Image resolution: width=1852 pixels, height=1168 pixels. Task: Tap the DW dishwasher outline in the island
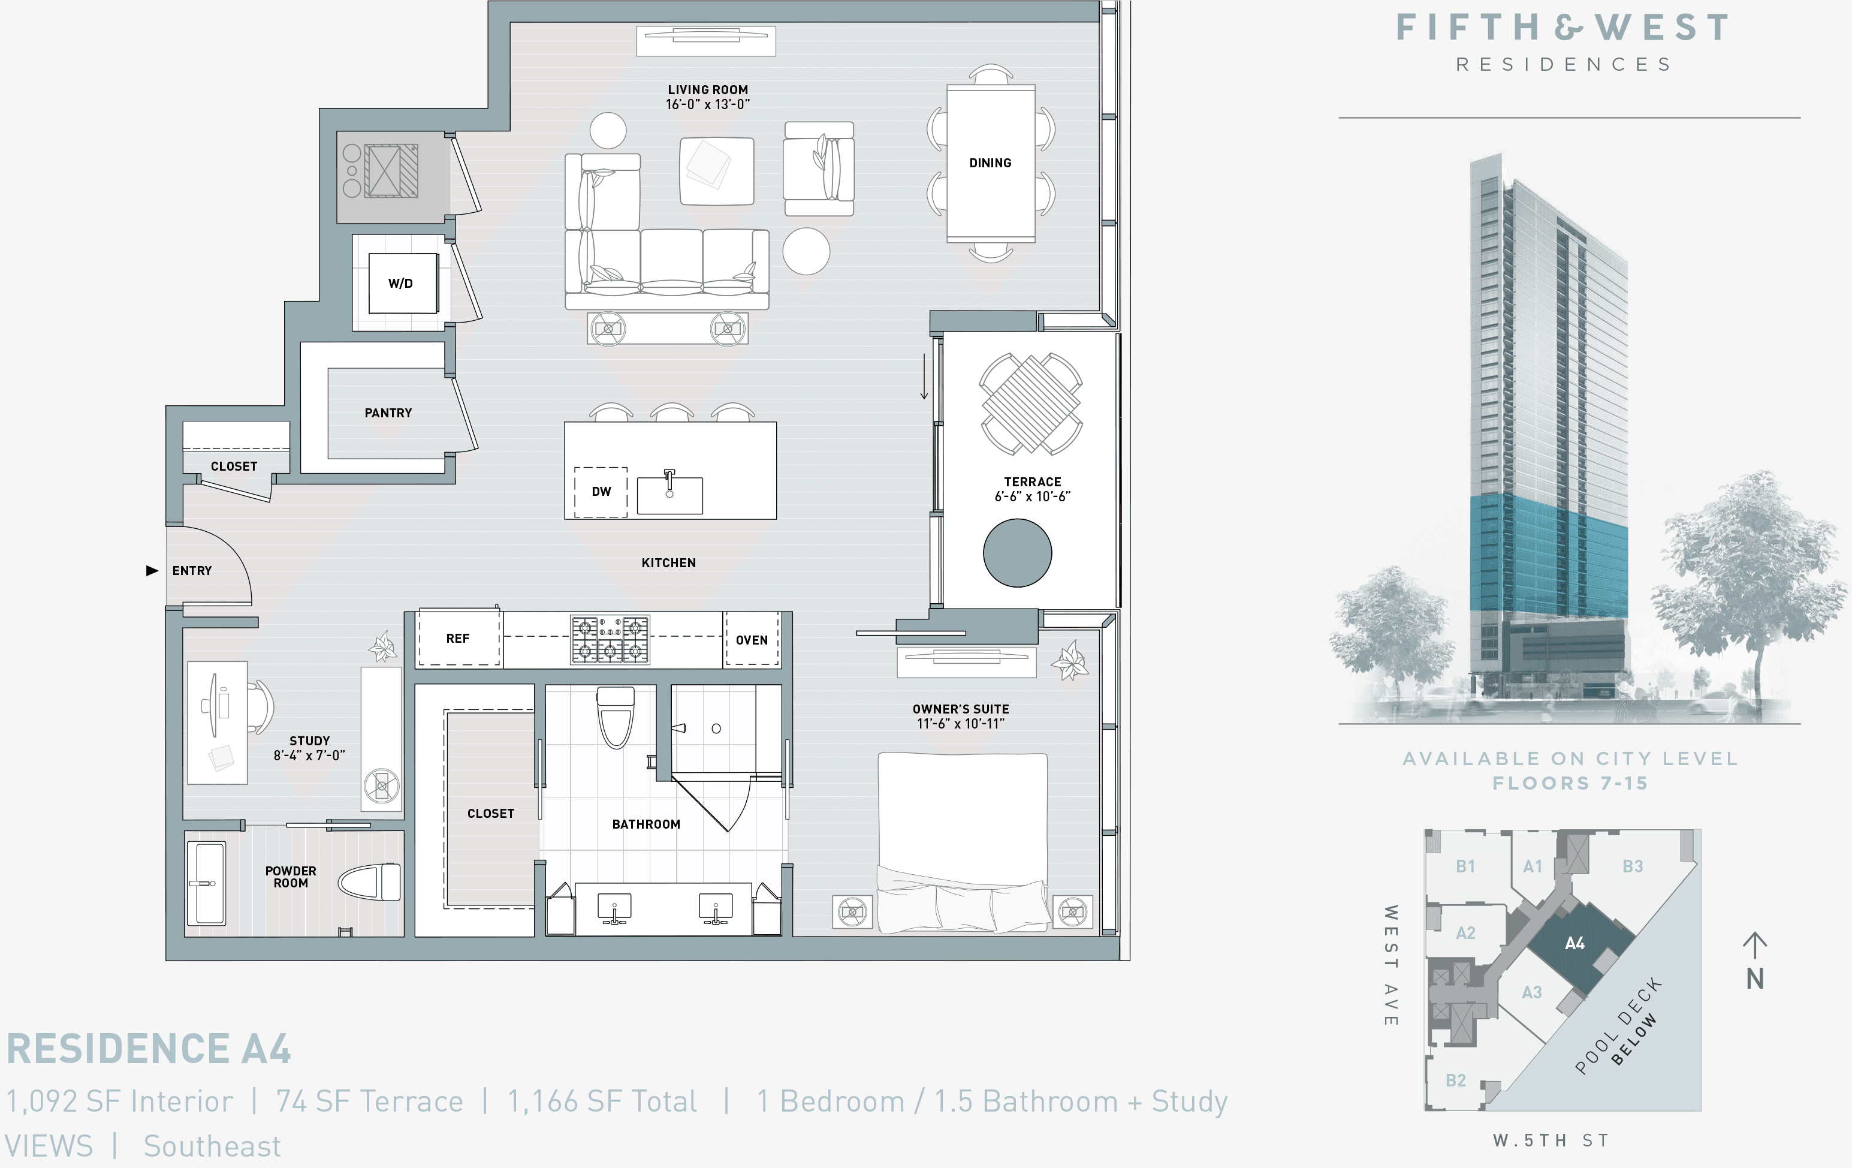(x=601, y=492)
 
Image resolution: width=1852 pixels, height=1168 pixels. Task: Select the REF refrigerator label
(x=458, y=639)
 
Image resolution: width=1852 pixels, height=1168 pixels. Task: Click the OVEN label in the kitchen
(x=752, y=640)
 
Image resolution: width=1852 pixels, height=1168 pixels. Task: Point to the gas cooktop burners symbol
(x=610, y=639)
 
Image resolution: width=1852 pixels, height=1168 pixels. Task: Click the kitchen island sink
(x=670, y=495)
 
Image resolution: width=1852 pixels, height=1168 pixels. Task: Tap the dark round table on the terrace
(x=1017, y=552)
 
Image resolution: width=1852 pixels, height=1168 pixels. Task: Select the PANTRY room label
(x=388, y=413)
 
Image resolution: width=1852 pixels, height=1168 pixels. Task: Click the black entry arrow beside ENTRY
(x=152, y=570)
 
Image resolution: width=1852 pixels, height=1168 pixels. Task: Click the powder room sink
(x=206, y=883)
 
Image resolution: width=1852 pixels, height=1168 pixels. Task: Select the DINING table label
(x=990, y=163)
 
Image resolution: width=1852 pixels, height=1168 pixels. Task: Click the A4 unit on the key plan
(x=1574, y=944)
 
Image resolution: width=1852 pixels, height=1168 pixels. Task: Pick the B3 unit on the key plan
(x=1632, y=866)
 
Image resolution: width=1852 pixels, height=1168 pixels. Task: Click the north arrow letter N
(x=1754, y=979)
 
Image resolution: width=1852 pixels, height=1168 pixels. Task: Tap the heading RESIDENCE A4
(x=149, y=1049)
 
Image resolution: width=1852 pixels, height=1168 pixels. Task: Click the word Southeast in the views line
(x=212, y=1146)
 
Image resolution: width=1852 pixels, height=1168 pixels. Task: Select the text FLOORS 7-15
(x=1570, y=783)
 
